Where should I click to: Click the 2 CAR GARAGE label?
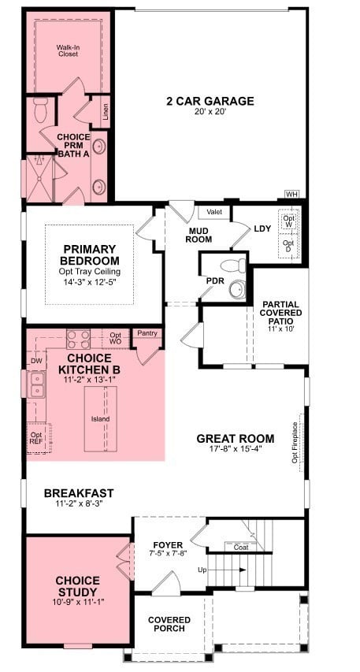click(210, 101)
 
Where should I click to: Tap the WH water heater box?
click(291, 194)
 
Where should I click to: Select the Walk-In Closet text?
click(68, 51)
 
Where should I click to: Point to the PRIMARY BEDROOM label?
click(91, 255)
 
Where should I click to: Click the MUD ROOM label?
click(199, 235)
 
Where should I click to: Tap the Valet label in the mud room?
click(213, 212)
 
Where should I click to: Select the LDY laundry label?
click(262, 229)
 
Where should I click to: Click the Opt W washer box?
click(289, 221)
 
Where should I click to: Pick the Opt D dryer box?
click(289, 247)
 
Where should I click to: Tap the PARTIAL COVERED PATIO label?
click(280, 314)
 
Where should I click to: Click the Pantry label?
click(147, 333)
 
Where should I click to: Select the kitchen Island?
click(100, 419)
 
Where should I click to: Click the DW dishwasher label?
click(36, 362)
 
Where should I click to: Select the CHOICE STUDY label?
click(77, 587)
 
